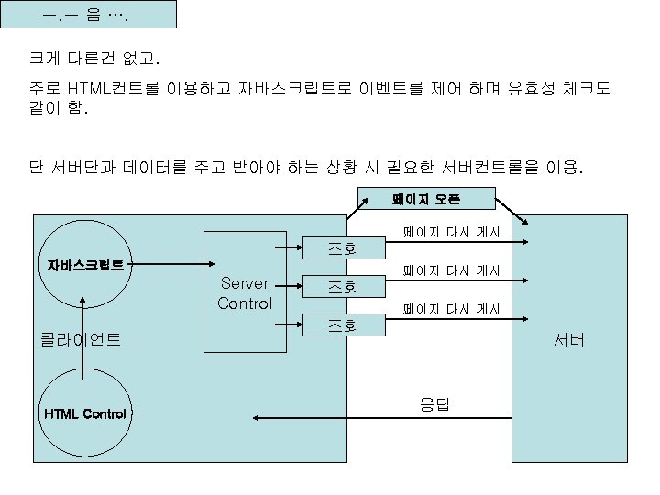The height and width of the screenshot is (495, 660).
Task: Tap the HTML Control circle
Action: coord(85,413)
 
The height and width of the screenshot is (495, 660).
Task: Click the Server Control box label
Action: coord(245,293)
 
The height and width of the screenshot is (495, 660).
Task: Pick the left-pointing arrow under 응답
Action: coord(385,418)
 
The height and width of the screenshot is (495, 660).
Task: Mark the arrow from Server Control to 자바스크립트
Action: coord(174,259)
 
